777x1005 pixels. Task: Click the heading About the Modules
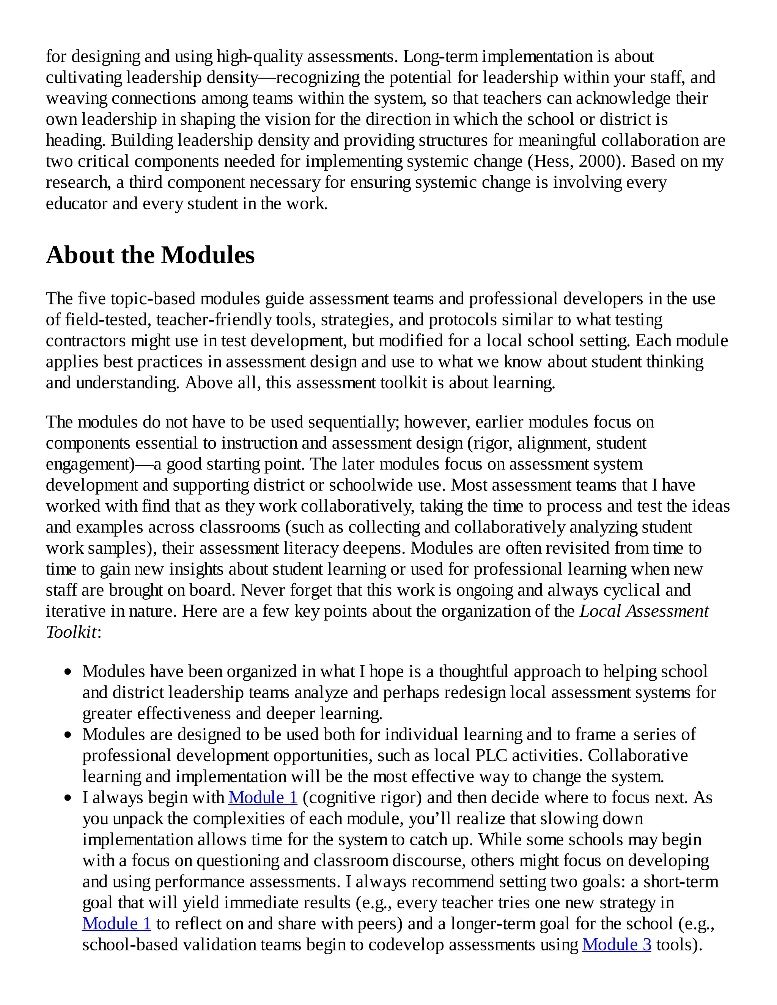[150, 255]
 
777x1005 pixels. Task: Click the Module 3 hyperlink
[617, 945]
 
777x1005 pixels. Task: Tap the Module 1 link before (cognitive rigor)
[263, 798]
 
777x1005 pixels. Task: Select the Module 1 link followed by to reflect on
[116, 923]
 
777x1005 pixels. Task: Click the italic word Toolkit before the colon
[71, 632]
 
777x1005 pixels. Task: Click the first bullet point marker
[68, 672]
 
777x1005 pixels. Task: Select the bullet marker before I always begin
[68, 798]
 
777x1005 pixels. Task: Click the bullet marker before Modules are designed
[68, 735]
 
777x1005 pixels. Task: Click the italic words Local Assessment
[644, 611]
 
